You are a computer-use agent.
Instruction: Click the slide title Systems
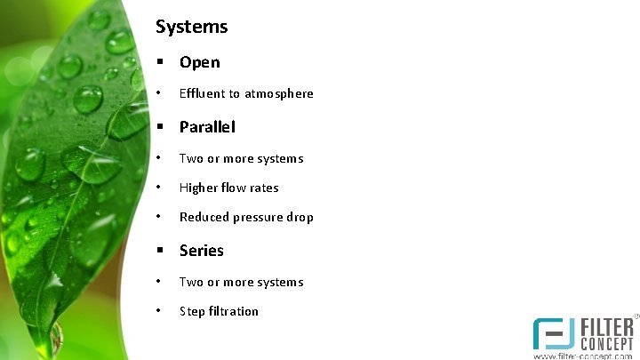click(191, 27)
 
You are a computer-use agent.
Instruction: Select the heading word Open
click(199, 62)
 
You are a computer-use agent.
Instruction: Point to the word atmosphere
click(279, 93)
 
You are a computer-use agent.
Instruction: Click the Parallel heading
click(207, 127)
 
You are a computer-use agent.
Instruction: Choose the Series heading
click(201, 251)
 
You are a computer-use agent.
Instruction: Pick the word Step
click(191, 311)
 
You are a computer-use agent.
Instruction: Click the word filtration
click(233, 311)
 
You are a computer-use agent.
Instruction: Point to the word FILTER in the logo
click(607, 326)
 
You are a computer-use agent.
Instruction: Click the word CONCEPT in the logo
click(607, 342)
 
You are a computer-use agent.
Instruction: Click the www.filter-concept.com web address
click(582, 356)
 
